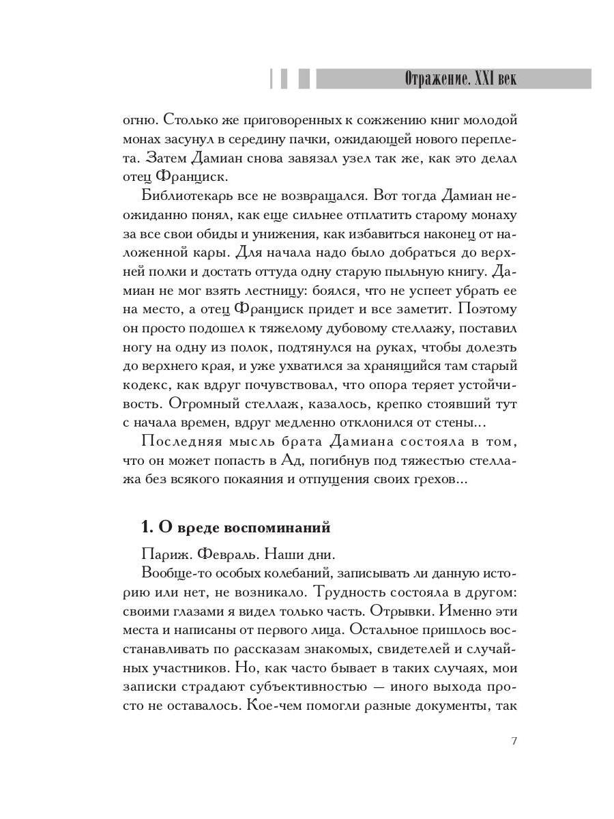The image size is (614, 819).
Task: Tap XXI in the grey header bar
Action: pos(481,78)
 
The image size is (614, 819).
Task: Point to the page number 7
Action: pos(513,742)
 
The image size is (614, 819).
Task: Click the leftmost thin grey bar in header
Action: pos(272,78)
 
